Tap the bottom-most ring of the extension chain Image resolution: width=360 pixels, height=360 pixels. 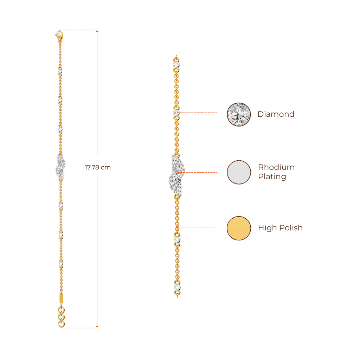coord(62,324)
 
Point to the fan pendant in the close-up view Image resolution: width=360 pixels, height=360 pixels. coord(175,176)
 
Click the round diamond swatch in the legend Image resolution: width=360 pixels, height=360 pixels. coord(239,114)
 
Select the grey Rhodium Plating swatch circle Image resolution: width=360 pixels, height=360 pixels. coord(239,172)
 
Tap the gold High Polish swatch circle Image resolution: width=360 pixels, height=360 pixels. coord(239,228)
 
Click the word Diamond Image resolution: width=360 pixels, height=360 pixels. coord(276,114)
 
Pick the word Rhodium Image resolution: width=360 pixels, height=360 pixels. coord(276,167)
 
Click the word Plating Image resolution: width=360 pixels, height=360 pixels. coord(272,177)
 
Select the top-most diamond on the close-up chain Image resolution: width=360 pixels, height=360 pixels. coord(176,65)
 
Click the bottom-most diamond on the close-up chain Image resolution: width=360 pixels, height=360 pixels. coord(177,288)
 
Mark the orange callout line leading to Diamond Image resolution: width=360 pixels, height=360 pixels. coord(199,113)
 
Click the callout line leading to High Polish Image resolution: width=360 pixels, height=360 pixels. coord(199,227)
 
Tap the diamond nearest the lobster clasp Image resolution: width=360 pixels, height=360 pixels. coord(60,71)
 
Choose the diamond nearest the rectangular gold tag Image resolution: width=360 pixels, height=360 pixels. coord(61,263)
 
